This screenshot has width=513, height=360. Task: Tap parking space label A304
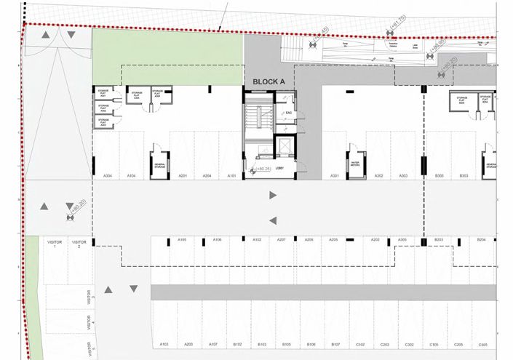[x=106, y=176]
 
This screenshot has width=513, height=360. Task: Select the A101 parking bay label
[x=232, y=176]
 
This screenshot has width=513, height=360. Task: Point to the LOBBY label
[x=279, y=169]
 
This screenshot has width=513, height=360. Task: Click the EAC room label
[x=288, y=113]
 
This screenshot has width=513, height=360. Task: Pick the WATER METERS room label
[x=356, y=164]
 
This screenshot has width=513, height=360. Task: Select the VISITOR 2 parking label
[x=79, y=244]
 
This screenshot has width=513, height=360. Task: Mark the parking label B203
[x=439, y=239]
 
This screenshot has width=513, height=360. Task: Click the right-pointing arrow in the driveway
[x=273, y=195]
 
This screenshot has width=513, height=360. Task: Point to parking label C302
[x=409, y=344]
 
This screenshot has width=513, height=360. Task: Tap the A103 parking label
[x=164, y=344]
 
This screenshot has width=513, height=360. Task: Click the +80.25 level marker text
[x=262, y=169]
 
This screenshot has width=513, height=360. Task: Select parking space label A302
[x=378, y=176]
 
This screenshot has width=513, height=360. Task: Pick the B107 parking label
[x=335, y=344]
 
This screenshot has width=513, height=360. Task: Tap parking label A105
[x=183, y=239]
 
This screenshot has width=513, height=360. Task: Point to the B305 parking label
[x=440, y=176]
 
